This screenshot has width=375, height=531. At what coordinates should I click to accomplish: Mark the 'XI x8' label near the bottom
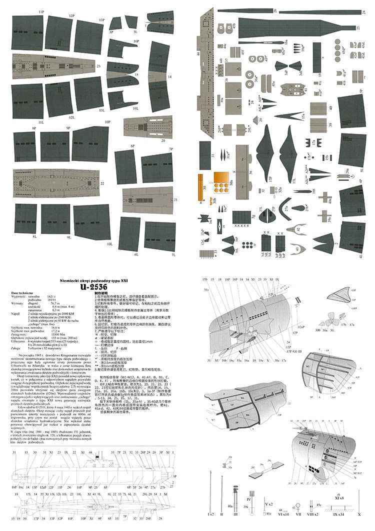[x=339, y=498]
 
